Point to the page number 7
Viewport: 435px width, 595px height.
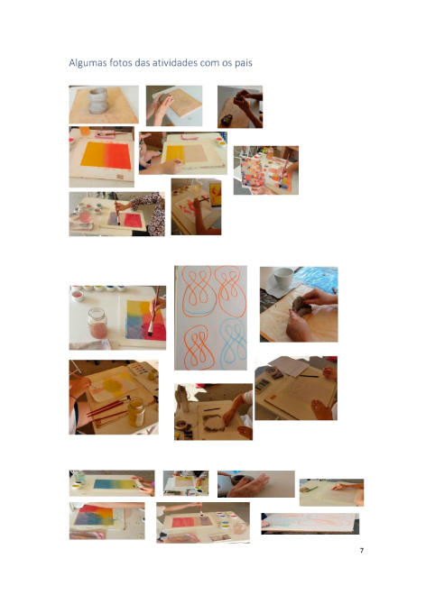click(x=362, y=550)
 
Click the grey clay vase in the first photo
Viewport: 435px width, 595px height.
click(x=98, y=101)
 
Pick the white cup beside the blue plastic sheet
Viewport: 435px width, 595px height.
click(x=283, y=277)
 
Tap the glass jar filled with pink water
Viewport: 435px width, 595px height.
click(x=97, y=323)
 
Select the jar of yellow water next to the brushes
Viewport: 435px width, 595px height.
click(x=136, y=412)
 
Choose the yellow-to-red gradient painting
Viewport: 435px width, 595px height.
click(x=106, y=156)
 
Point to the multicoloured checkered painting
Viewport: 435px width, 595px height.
click(x=253, y=172)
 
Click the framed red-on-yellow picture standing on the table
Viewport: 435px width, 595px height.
click(x=215, y=195)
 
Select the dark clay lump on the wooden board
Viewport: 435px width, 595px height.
click(x=301, y=306)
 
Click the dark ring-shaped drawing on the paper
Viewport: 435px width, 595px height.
click(x=214, y=423)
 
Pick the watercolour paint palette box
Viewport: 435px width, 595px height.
click(x=139, y=368)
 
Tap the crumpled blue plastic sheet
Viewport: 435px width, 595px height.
click(x=318, y=279)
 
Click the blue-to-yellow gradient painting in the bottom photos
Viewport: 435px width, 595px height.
click(x=114, y=484)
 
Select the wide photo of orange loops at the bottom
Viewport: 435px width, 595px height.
click(x=310, y=524)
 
